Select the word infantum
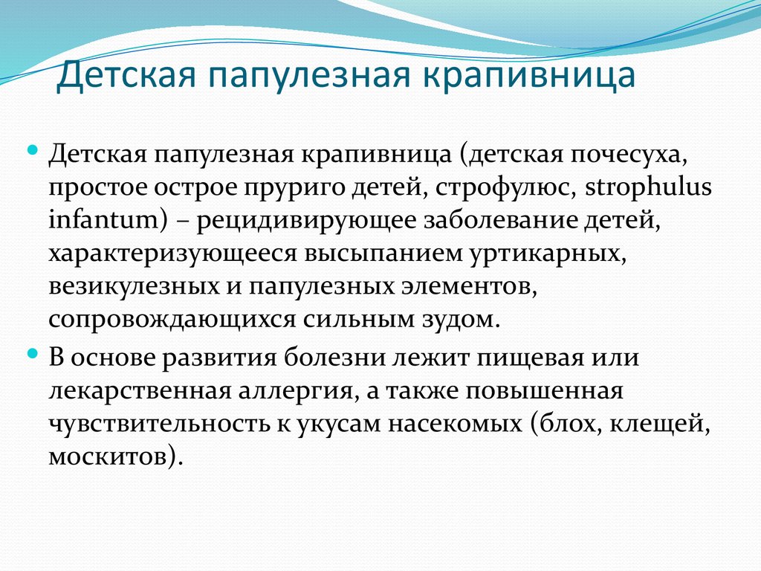coord(100,221)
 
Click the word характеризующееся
coord(172,254)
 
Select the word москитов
coord(112,455)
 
